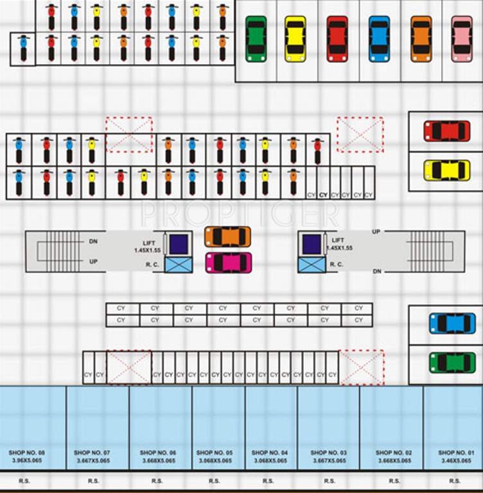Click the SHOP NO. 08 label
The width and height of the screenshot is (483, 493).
pos(27,453)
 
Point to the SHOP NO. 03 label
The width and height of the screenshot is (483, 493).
pos(328,453)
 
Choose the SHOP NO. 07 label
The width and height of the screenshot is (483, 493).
pos(92,453)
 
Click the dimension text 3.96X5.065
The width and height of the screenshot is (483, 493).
pos(27,461)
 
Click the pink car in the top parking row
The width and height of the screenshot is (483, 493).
pos(462,39)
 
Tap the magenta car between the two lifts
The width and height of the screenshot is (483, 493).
pos(229,263)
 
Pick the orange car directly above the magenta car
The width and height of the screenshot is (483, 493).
pos(227,237)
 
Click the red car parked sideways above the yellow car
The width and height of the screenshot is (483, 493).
pos(446,131)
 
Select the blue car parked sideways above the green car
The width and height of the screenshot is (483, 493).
pos(452,323)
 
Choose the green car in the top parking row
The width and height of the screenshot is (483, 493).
pos(256,39)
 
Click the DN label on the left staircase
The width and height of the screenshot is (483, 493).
pos(93,241)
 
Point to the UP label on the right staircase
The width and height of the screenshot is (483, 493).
pos(376,231)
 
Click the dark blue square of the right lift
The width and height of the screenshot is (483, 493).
pos(312,243)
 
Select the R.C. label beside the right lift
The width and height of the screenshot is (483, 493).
pos(337,264)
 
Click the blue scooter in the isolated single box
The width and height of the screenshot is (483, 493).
pos(23,49)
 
